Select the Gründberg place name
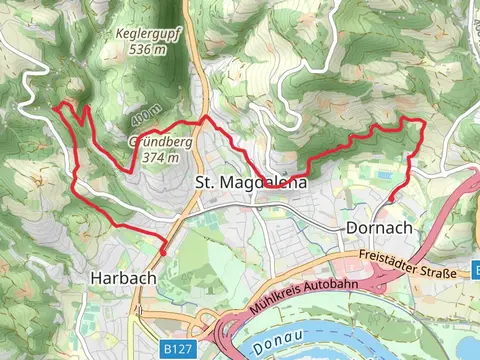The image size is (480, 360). tap(160, 141)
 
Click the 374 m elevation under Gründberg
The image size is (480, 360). tap(161, 156)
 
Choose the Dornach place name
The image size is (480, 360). tap(378, 228)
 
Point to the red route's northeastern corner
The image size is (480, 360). tap(423, 123)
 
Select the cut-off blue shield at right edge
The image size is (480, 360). tap(475, 268)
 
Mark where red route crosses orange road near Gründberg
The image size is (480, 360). tap(205, 117)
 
